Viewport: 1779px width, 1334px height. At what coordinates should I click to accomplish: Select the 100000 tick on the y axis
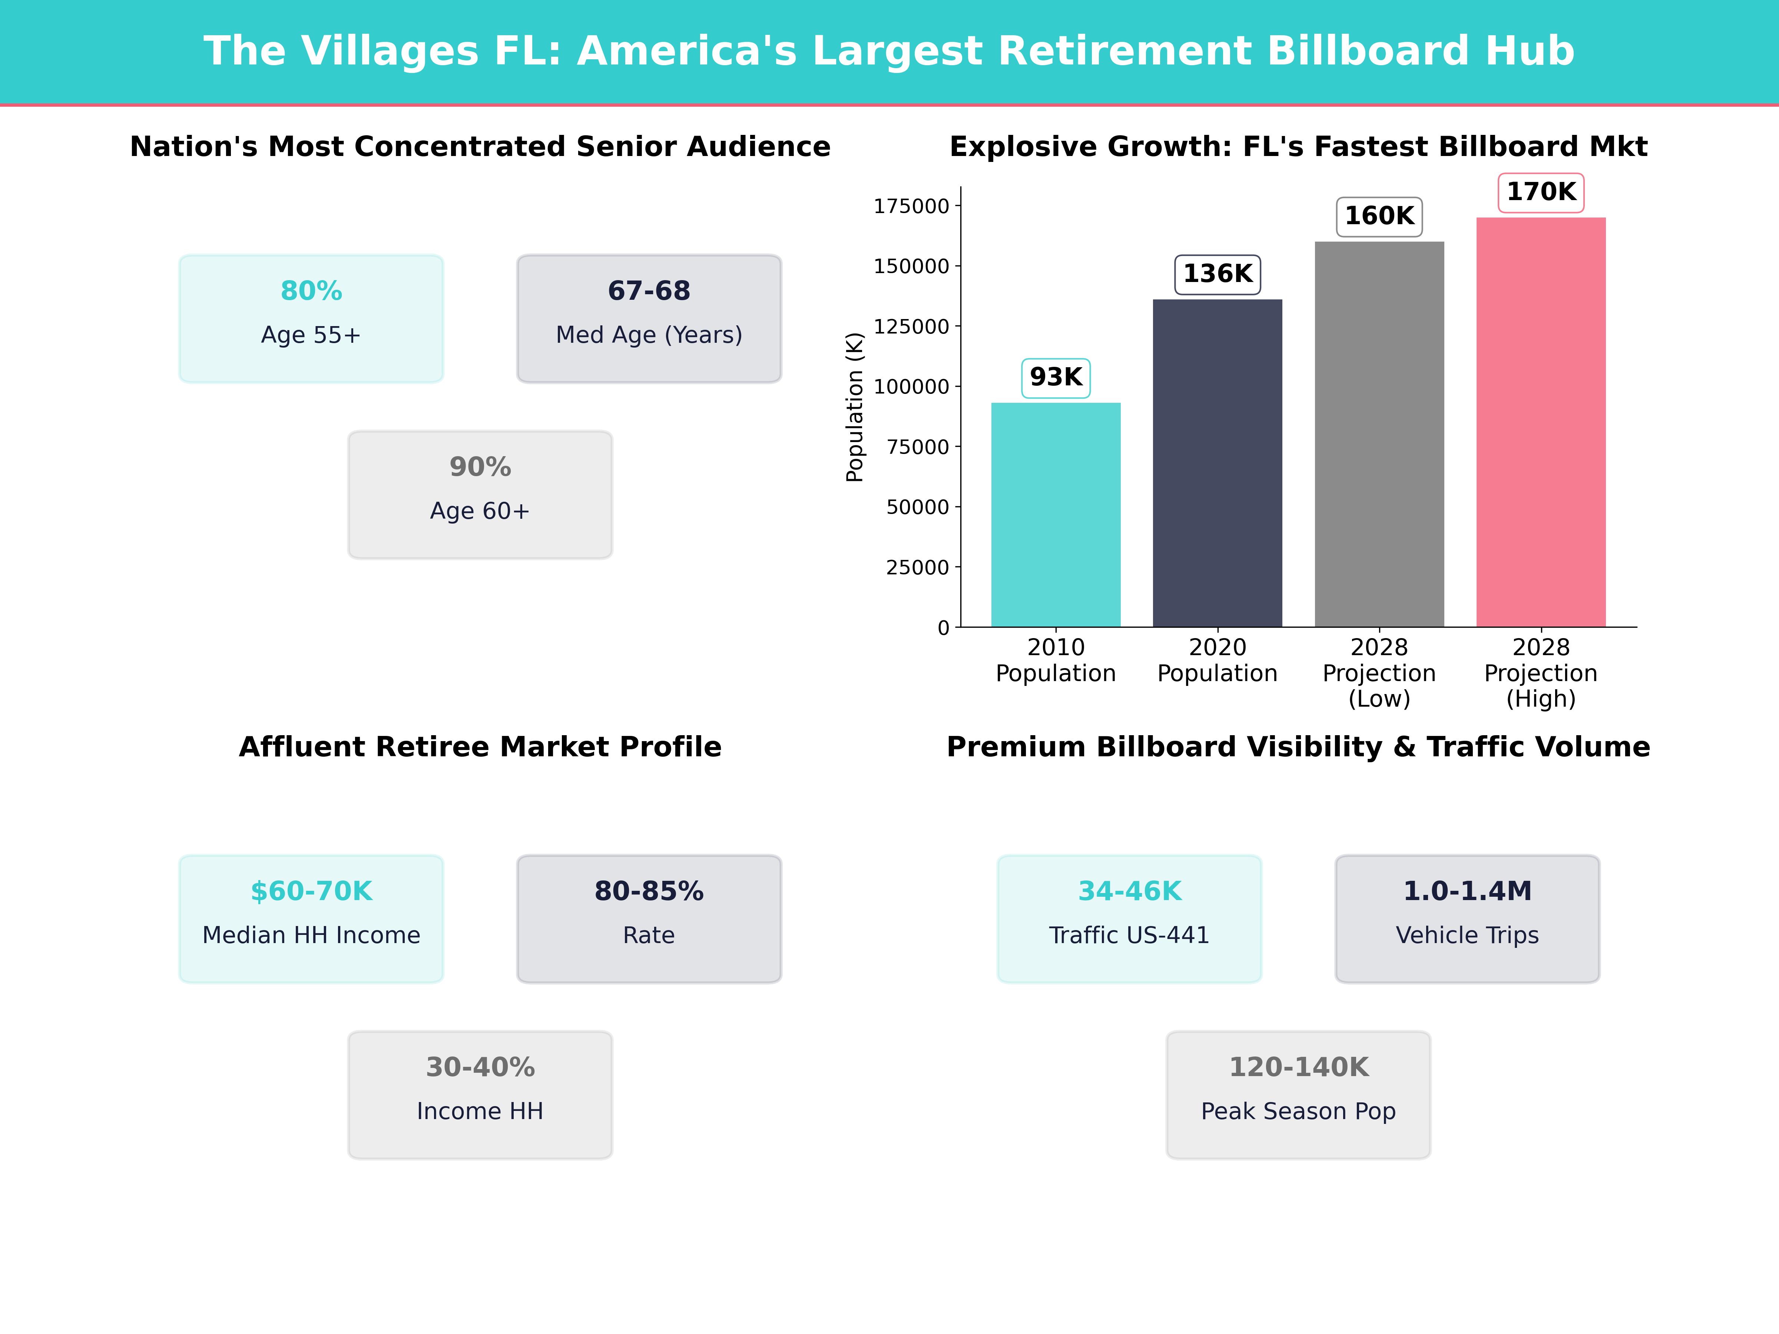tap(911, 387)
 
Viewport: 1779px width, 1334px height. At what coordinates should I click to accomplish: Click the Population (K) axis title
tap(854, 407)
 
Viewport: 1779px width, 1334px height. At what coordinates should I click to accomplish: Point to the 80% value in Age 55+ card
tap(311, 291)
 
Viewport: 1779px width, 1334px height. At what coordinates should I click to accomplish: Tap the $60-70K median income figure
tap(311, 891)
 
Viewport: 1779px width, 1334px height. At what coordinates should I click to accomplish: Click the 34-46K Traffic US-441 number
tap(1129, 891)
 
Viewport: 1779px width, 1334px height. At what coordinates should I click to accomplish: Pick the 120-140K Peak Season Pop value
tap(1298, 1067)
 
